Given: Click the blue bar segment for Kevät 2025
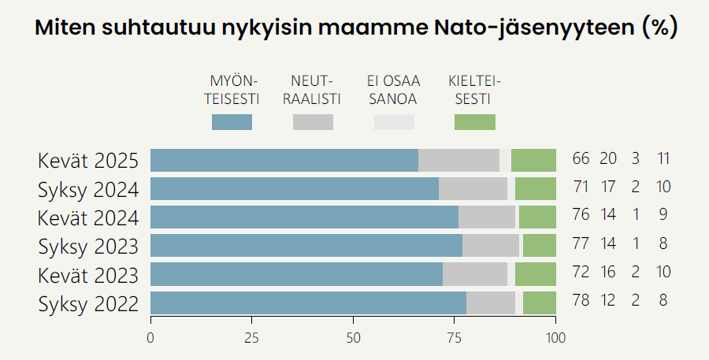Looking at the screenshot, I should (284, 160).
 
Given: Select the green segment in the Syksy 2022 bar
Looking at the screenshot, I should (540, 303).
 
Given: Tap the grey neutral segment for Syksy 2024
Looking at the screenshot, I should (473, 189).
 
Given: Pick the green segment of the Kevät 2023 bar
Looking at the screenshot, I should (536, 274).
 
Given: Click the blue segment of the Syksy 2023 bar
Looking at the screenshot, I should (306, 246).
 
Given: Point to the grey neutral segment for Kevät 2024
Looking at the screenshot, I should (487, 217).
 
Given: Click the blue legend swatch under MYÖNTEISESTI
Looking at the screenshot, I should (232, 122).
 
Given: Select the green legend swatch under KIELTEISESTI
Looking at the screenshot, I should (475, 122).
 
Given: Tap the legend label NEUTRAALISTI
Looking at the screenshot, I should (313, 90).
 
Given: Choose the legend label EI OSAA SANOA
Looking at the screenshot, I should (394, 90).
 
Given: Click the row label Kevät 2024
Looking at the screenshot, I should (88, 217).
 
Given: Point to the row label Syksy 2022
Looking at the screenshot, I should (88, 303).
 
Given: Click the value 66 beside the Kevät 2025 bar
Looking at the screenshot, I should (581, 158).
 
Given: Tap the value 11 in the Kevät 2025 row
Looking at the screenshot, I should (663, 158).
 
